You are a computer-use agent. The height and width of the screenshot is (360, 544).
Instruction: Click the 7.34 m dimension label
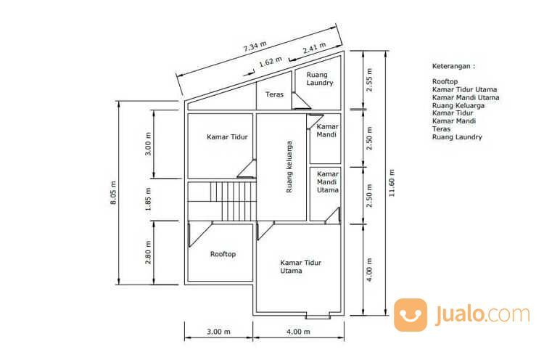click(255, 46)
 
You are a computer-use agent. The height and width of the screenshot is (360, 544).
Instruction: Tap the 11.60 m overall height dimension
click(392, 183)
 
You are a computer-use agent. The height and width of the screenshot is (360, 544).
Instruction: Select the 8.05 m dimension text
click(113, 192)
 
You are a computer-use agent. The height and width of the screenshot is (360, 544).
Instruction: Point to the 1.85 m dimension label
click(148, 200)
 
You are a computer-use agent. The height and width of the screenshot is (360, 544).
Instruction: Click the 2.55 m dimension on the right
click(369, 80)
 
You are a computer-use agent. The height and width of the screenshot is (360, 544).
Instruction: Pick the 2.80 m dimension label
click(148, 253)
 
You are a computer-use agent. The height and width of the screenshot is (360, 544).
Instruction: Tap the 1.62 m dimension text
click(271, 62)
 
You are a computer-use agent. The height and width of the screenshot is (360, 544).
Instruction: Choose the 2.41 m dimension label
click(314, 48)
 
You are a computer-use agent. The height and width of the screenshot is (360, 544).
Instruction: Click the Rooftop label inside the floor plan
click(223, 254)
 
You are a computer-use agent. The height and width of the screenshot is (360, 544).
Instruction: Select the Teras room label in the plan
click(274, 94)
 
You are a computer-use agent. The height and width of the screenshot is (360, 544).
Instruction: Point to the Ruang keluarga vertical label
click(289, 167)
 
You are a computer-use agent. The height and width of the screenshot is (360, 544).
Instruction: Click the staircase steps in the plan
click(233, 201)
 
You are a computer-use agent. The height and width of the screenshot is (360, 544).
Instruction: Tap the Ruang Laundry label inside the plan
click(320, 79)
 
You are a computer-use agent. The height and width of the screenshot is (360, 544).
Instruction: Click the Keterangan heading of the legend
click(454, 66)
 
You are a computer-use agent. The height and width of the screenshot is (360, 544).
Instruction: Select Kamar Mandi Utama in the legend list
click(466, 97)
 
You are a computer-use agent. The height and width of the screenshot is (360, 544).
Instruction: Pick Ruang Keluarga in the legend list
click(458, 106)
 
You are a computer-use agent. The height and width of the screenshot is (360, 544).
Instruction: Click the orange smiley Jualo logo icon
click(411, 315)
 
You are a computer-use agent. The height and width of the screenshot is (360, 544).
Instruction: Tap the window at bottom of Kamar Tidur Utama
click(318, 316)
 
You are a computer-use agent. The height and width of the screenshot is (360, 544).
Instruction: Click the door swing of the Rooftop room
click(200, 234)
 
